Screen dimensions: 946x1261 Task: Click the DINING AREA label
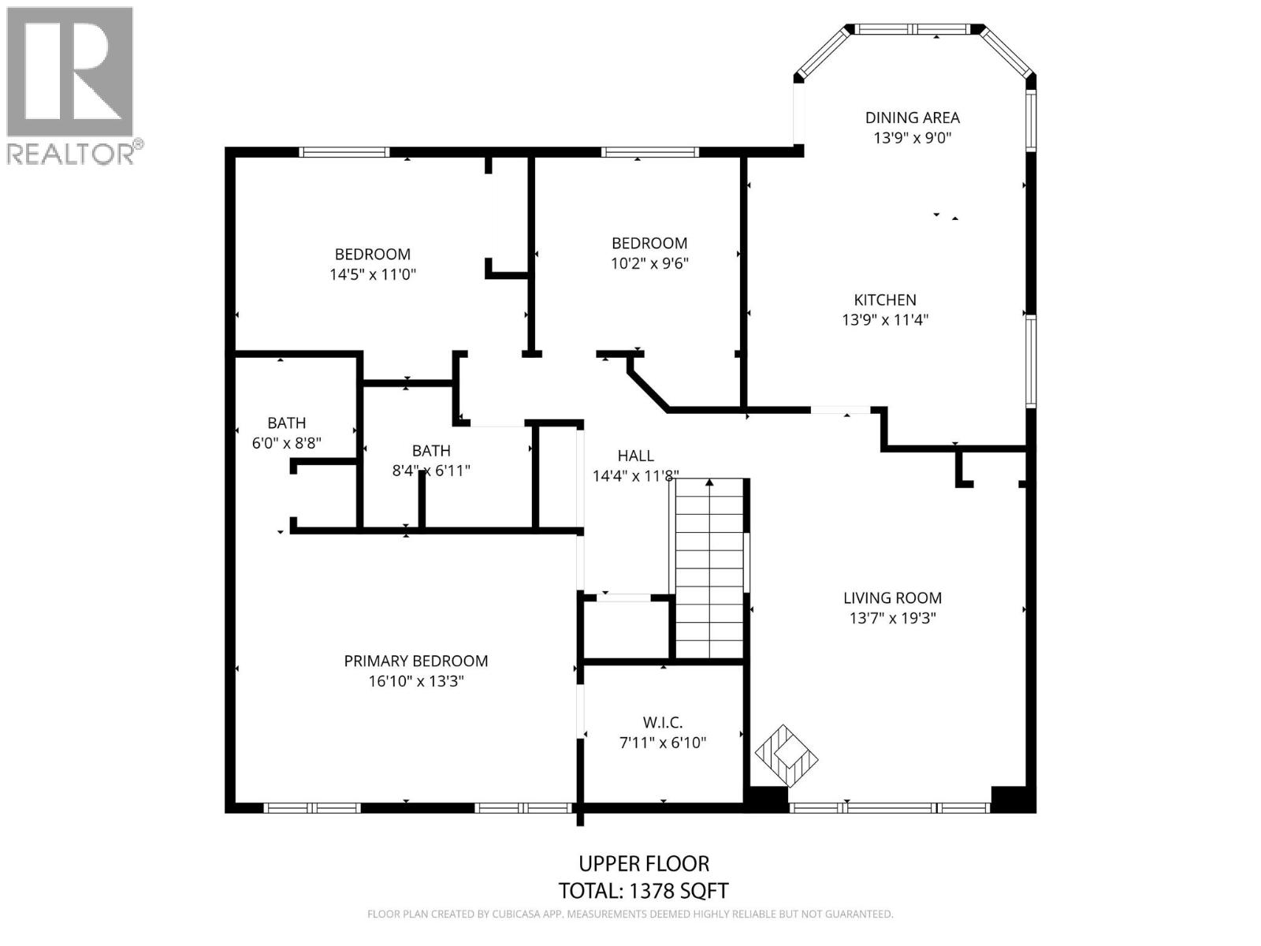pyautogui.click(x=912, y=117)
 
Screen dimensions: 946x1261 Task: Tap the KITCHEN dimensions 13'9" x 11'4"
pyautogui.click(x=885, y=320)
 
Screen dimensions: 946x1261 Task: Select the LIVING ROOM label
pyautogui.click(x=892, y=598)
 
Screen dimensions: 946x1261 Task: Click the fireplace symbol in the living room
pyautogui.click(x=786, y=755)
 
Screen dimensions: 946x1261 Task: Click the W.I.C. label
pyautogui.click(x=662, y=722)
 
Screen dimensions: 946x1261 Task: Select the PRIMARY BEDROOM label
pyautogui.click(x=415, y=661)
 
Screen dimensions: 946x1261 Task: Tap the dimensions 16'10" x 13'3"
pyautogui.click(x=415, y=681)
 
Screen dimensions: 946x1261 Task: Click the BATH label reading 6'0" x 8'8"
pyautogui.click(x=286, y=423)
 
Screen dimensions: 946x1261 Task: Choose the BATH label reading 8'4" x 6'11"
pyautogui.click(x=431, y=451)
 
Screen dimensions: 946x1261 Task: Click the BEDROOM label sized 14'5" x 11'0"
pyautogui.click(x=372, y=254)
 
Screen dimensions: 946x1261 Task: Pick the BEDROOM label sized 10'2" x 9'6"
pyautogui.click(x=649, y=243)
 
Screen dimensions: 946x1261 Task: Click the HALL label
pyautogui.click(x=635, y=456)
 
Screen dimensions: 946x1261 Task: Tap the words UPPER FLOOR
pyautogui.click(x=644, y=863)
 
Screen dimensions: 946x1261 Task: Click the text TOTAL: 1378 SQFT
pyautogui.click(x=643, y=891)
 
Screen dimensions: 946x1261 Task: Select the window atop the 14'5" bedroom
pyautogui.click(x=344, y=152)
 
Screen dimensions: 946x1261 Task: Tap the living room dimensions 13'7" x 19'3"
pyautogui.click(x=892, y=618)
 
